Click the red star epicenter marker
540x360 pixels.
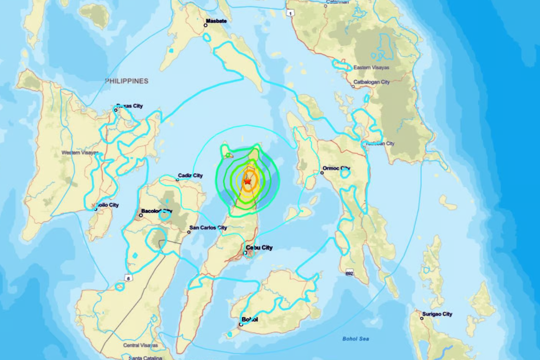click(247, 181)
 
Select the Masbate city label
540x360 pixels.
click(217, 21)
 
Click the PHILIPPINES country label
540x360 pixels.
click(126, 81)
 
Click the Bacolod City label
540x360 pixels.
click(157, 211)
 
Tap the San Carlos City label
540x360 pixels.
click(208, 228)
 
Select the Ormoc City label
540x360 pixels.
click(336, 169)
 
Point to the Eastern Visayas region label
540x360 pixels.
click(371, 67)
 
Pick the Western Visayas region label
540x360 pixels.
click(80, 153)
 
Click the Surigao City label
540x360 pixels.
click(437, 314)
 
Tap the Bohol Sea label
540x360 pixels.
click(355, 339)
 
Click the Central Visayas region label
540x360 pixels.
click(140, 345)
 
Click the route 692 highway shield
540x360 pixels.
click(350, 273)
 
